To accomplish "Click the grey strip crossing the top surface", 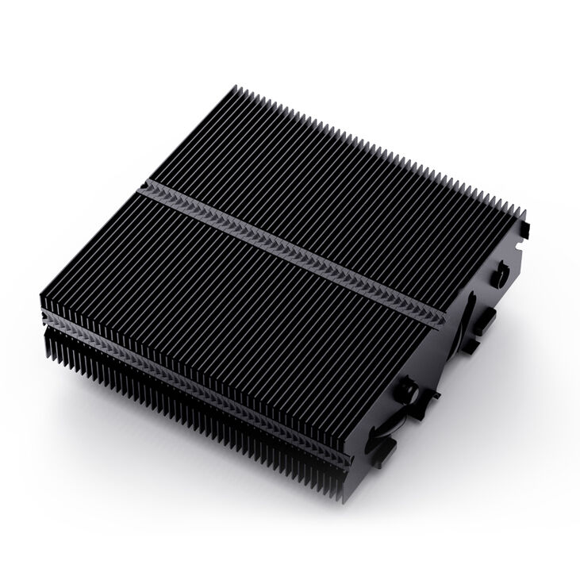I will (294, 249).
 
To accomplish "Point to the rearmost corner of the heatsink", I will (238, 89).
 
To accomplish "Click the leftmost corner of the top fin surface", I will (40, 300).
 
